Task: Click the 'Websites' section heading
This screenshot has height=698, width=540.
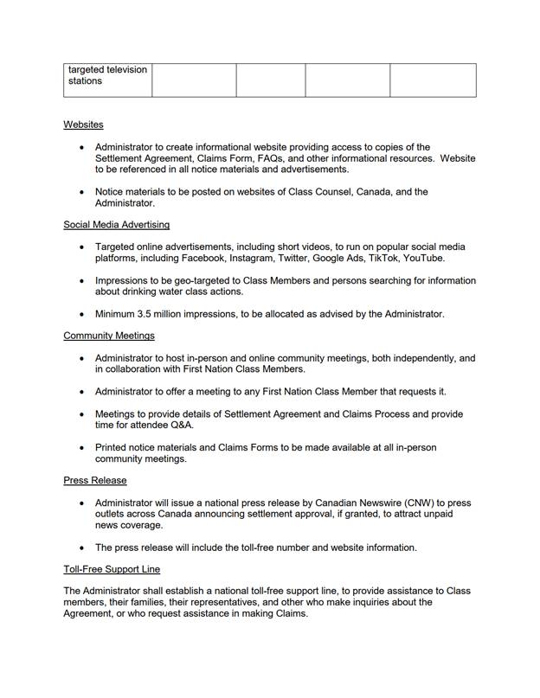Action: [83, 125]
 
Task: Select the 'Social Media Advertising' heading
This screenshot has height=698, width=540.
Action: [116, 225]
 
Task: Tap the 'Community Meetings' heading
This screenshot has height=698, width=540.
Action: [109, 336]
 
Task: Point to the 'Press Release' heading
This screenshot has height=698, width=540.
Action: [94, 480]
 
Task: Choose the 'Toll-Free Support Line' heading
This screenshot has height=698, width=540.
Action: [112, 569]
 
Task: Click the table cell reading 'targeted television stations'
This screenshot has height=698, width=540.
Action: [107, 75]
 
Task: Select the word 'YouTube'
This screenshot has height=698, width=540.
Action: [423, 259]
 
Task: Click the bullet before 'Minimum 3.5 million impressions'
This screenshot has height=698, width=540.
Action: [82, 315]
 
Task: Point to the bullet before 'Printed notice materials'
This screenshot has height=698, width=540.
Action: [82, 448]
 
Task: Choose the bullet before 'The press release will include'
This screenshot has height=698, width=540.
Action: [82, 548]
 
